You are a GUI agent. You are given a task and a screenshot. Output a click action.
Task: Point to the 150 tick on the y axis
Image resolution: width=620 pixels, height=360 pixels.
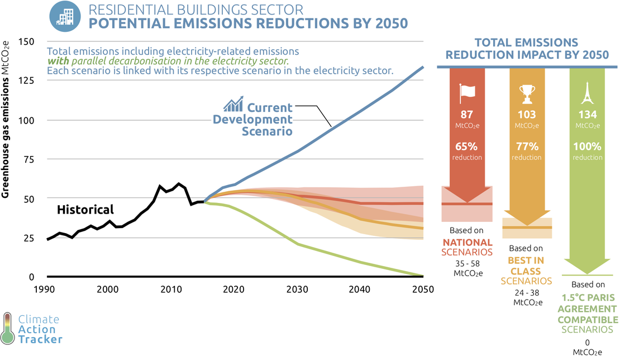pyautogui.click(x=26, y=42)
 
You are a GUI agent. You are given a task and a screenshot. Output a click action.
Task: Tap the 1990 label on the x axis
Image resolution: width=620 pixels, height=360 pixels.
pyautogui.click(x=46, y=290)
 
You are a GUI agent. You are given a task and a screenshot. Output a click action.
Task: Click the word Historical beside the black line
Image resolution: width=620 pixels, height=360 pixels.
pyautogui.click(x=85, y=210)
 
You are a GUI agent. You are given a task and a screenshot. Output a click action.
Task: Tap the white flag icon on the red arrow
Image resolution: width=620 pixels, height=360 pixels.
pyautogui.click(x=467, y=94)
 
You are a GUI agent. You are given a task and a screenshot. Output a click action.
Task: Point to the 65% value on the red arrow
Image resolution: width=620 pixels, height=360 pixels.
pyautogui.click(x=467, y=147)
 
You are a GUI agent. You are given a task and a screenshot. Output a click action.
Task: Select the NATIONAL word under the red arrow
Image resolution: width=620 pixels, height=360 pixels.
pyautogui.click(x=468, y=243)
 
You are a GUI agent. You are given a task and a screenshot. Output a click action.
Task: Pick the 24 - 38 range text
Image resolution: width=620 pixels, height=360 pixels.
pyautogui.click(x=527, y=292)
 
